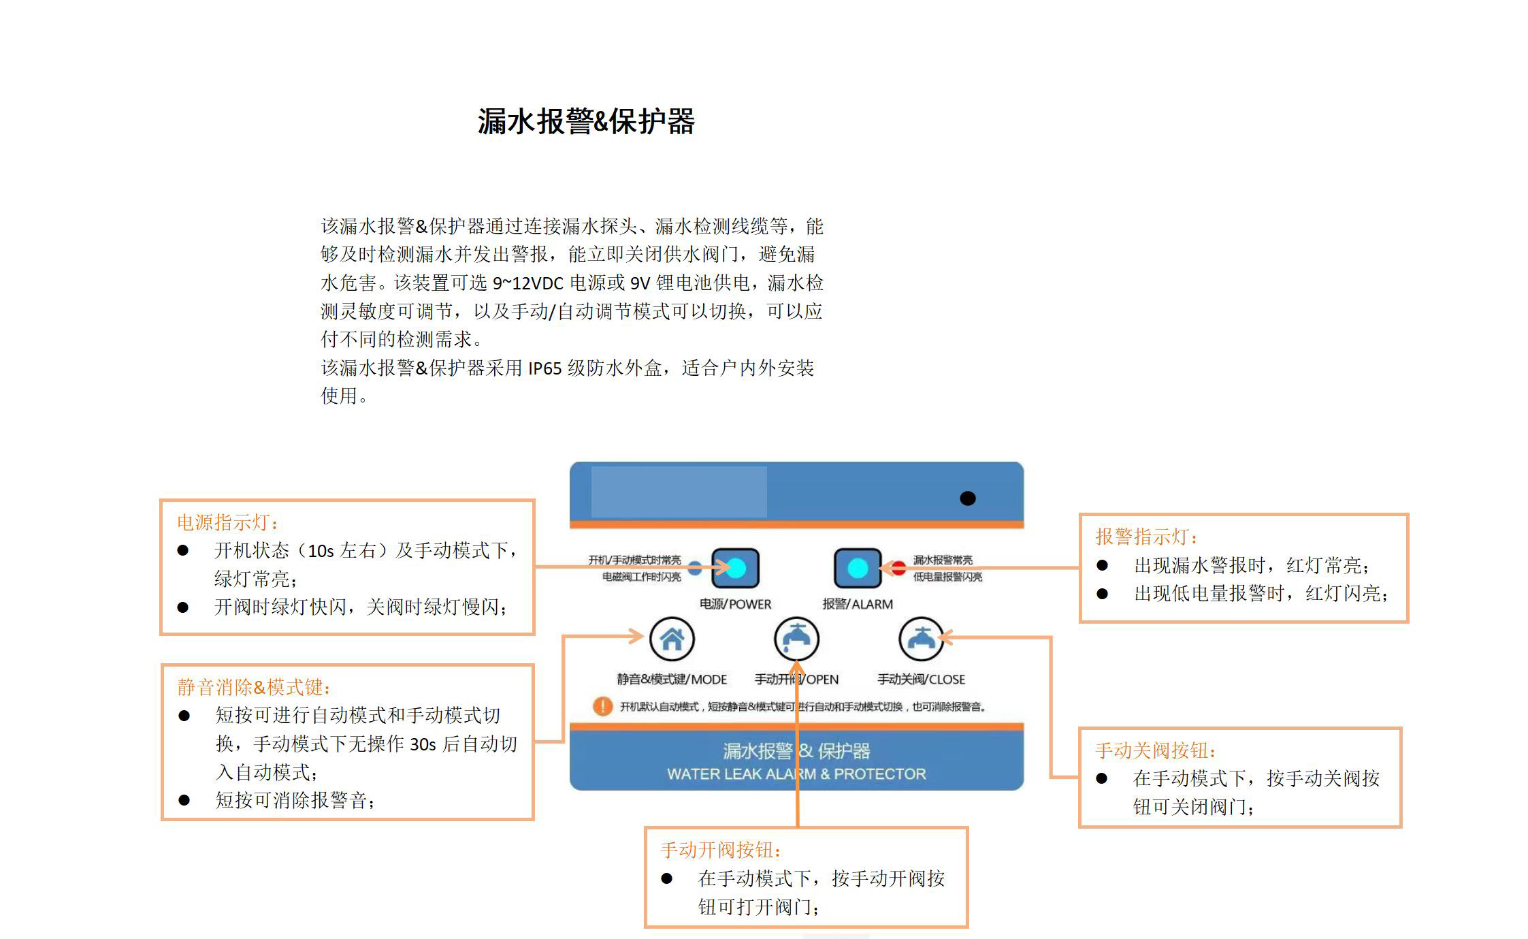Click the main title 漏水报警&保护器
point(586,122)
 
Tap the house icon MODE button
point(672,639)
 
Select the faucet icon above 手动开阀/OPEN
point(796,639)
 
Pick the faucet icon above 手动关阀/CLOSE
point(921,639)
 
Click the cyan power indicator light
point(736,568)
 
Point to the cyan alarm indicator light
point(858,568)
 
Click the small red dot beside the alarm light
point(899,567)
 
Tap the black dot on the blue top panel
point(967,498)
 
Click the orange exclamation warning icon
point(602,706)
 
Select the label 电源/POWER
point(735,604)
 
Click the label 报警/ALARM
point(858,604)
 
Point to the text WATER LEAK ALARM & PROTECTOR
point(796,774)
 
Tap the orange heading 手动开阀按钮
point(721,850)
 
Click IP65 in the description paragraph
point(544,369)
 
